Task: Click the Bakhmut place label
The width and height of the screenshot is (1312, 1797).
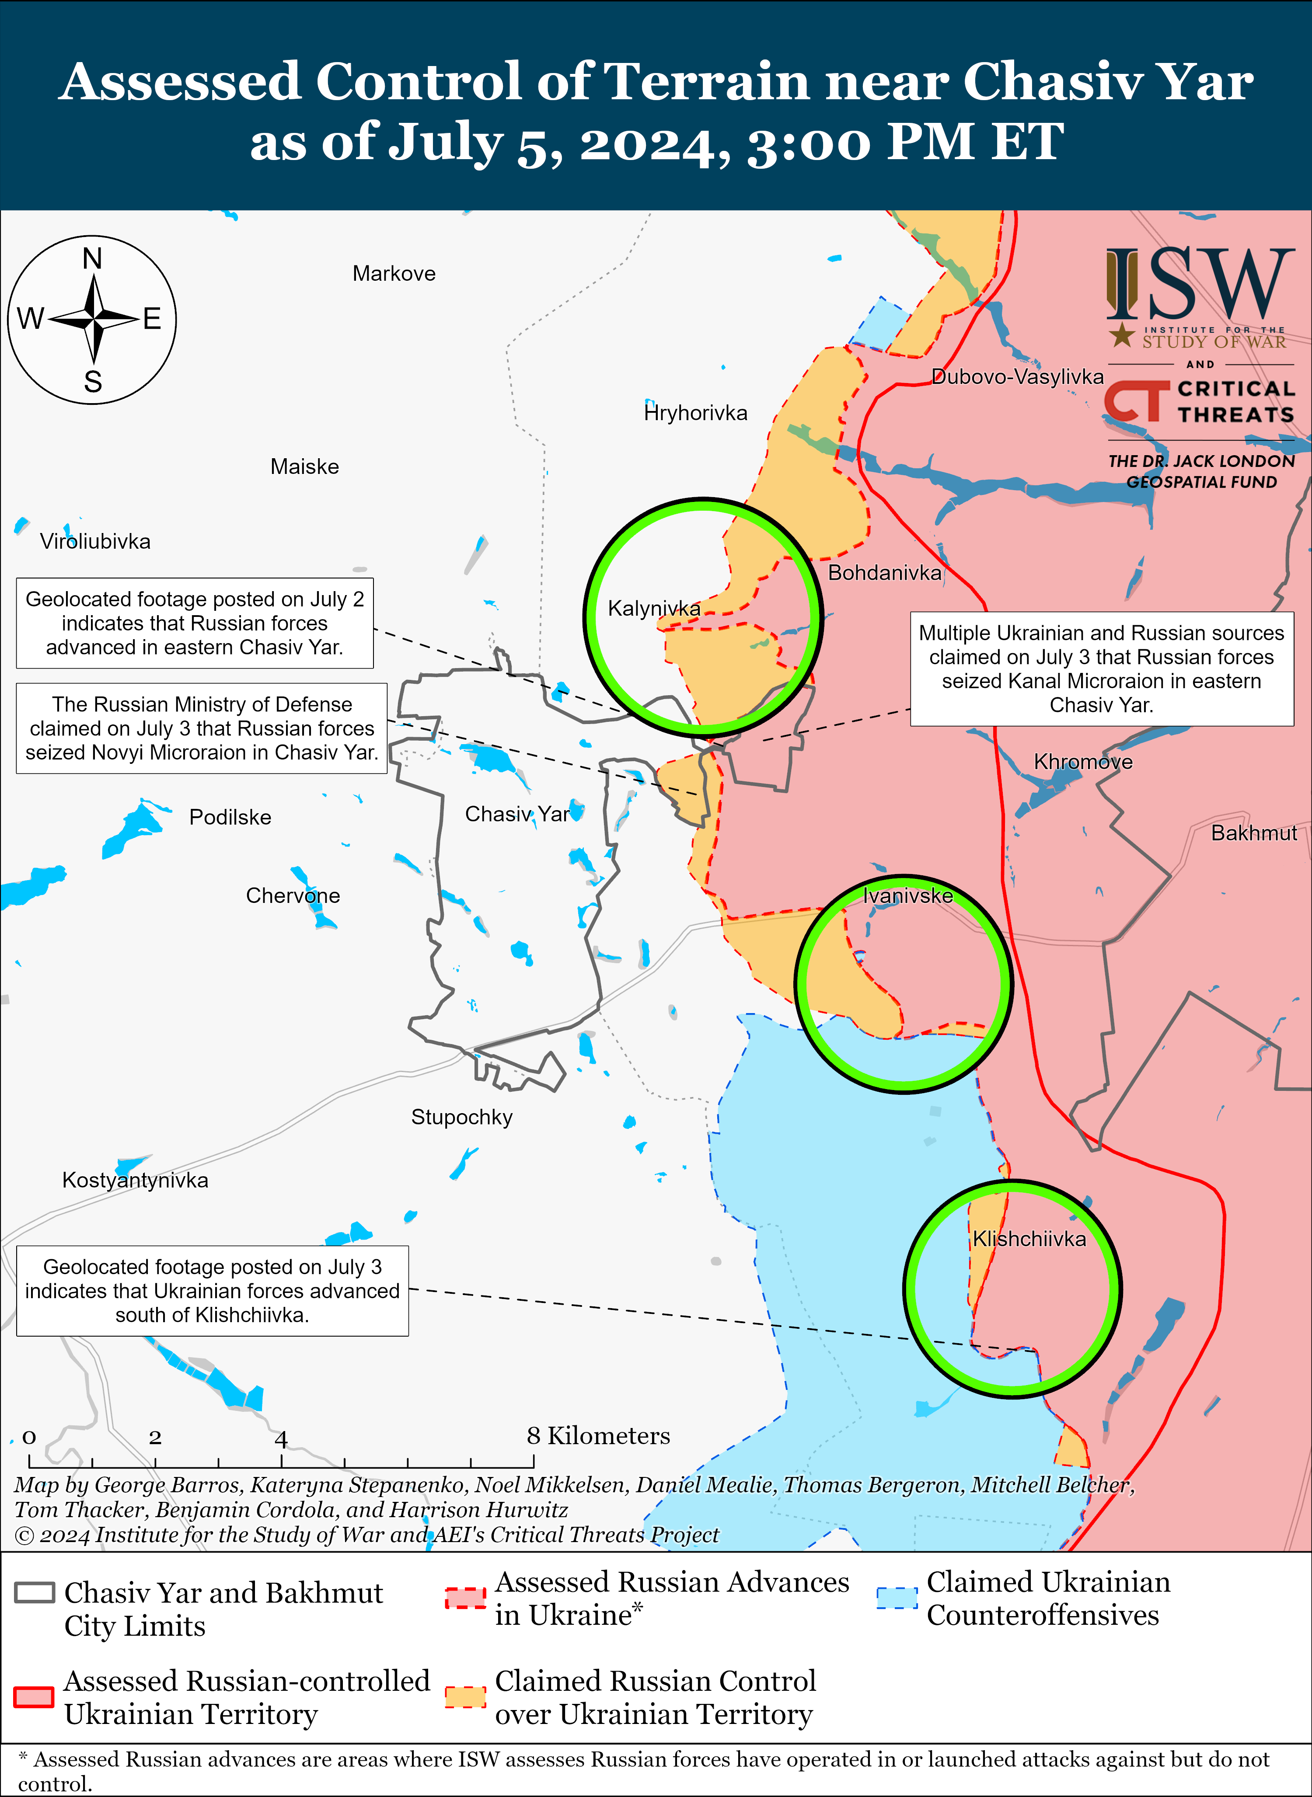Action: pos(1253,833)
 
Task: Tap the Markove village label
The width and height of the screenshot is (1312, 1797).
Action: pos(394,274)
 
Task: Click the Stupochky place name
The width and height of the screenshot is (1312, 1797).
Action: pos(461,1117)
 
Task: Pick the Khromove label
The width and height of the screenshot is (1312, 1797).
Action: pos(1082,763)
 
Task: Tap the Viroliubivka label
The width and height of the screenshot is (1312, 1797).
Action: pos(95,542)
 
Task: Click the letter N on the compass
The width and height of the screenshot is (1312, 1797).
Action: pos(92,259)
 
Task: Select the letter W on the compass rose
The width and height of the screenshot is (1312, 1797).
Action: pos(30,319)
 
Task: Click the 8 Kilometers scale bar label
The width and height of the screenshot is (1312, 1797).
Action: pos(598,1436)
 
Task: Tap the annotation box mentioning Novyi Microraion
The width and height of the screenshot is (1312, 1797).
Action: pos(202,728)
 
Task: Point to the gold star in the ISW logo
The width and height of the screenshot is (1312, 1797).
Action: pos(1121,334)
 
